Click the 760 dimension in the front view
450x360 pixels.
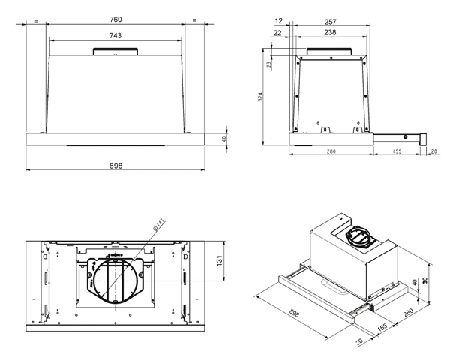coord(115,19)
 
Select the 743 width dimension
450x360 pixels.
coord(115,35)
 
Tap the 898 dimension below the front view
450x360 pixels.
coord(115,166)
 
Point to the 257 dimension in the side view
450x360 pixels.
coord(330,22)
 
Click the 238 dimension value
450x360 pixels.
coord(330,32)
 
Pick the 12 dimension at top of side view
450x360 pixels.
coord(279,21)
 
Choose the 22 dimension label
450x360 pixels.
coord(277,33)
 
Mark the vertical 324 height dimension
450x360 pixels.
coord(260,97)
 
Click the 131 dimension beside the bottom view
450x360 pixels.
coord(220,260)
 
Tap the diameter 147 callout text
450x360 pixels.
coord(159,225)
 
